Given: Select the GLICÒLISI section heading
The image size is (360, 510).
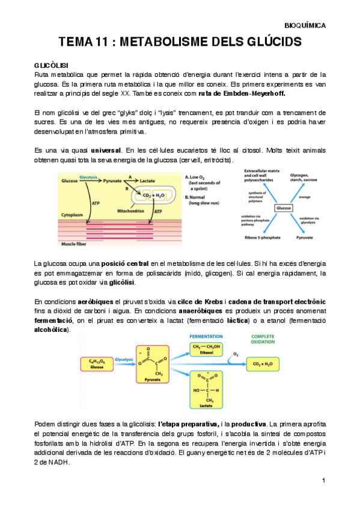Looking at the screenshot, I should pyautogui.click(x=51, y=64).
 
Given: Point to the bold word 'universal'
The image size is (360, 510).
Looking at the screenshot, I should pyautogui.click(x=105, y=149).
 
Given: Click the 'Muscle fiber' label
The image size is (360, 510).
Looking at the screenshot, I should pyautogui.click(x=76, y=244).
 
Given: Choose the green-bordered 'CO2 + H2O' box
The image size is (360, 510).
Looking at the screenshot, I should pyautogui.click(x=272, y=363).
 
